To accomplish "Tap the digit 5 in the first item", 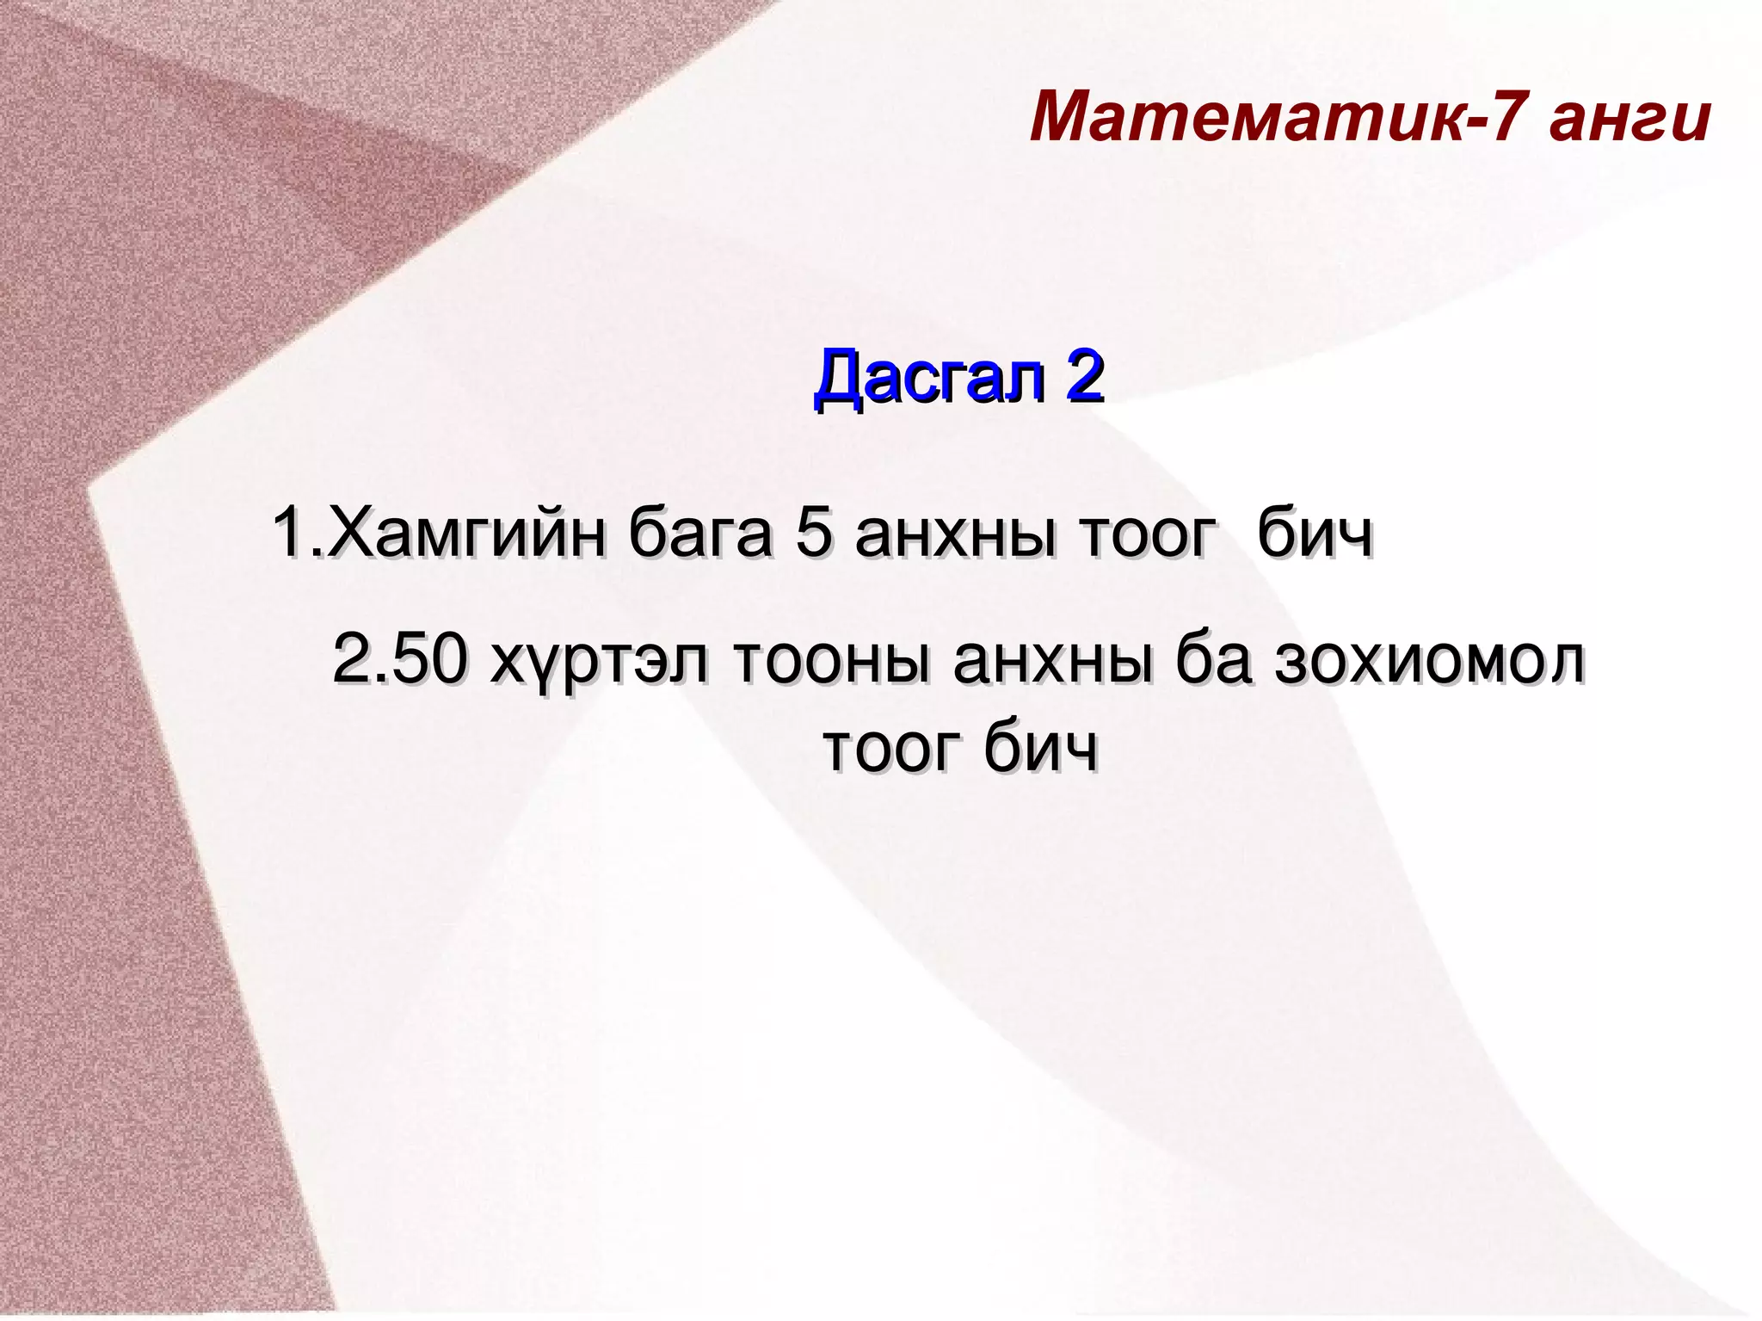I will (x=814, y=534).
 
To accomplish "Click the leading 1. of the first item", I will (x=297, y=534).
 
